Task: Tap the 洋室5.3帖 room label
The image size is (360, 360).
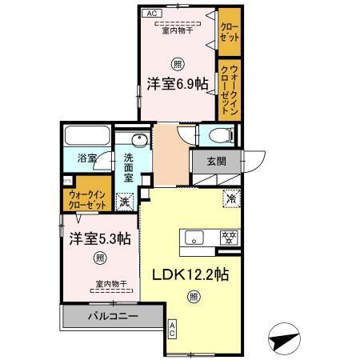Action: point(99,238)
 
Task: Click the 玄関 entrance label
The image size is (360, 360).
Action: point(216,160)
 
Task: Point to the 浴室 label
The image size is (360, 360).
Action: point(86,158)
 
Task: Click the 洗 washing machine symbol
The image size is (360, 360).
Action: point(125,202)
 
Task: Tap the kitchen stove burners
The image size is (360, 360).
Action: point(230,237)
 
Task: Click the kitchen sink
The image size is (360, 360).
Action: point(196,237)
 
